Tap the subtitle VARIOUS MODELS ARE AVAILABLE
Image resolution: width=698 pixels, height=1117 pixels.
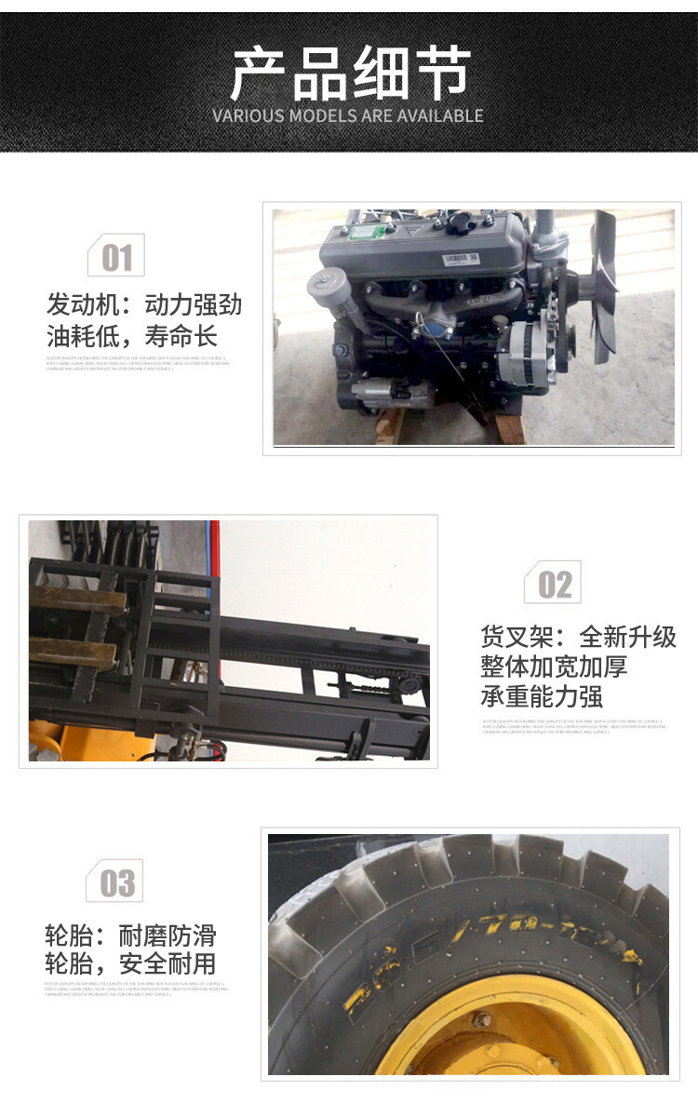click(x=348, y=116)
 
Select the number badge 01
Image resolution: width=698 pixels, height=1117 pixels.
click(x=116, y=257)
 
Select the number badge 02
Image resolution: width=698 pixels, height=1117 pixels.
click(x=555, y=585)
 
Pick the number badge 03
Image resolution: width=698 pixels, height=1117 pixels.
click(x=116, y=882)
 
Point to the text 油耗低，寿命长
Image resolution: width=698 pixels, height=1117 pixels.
click(x=131, y=335)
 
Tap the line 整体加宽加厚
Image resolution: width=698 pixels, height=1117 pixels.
click(x=554, y=666)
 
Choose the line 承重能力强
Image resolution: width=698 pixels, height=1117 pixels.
click(x=542, y=696)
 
